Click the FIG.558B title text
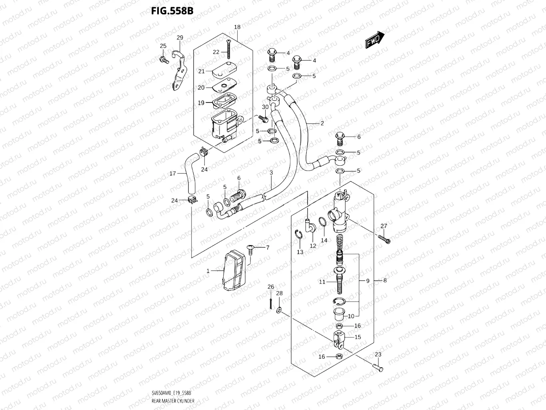click(x=172, y=11)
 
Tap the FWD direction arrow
click(x=374, y=40)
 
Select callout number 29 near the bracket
click(x=180, y=38)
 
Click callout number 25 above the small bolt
click(x=163, y=46)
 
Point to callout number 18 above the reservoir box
click(x=237, y=27)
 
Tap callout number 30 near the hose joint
click(x=265, y=107)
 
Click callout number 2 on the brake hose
click(x=322, y=123)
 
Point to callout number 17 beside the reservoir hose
click(x=173, y=174)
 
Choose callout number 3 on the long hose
click(x=271, y=173)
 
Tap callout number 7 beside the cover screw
click(x=268, y=247)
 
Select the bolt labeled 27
click(x=384, y=239)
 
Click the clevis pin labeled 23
click(x=378, y=366)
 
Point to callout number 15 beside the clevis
click(x=358, y=337)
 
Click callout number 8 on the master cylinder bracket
click(x=385, y=281)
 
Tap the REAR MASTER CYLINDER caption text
click(x=173, y=400)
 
